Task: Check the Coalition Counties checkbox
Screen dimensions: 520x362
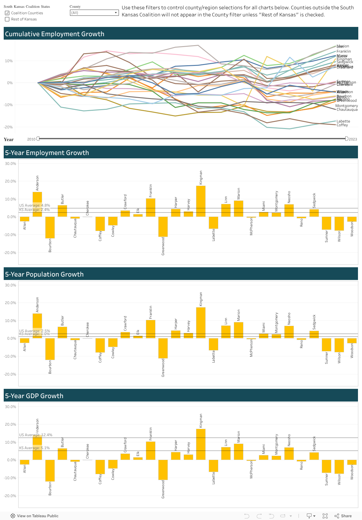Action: (x=7, y=13)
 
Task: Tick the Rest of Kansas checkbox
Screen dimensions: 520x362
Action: (x=7, y=19)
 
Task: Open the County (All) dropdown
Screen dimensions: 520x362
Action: (x=94, y=13)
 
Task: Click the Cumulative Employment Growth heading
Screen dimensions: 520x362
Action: (x=55, y=34)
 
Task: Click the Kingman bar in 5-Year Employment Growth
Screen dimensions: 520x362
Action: (x=201, y=201)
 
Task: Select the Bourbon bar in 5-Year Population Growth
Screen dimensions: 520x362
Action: (x=50, y=349)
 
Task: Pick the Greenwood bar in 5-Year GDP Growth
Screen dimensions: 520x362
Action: (x=163, y=470)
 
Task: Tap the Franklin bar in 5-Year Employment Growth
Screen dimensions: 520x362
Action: (x=150, y=207)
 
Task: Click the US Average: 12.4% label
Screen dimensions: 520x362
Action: (x=36, y=435)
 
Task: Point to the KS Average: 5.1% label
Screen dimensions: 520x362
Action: (x=34, y=448)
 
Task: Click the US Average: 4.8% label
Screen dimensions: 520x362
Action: (x=34, y=205)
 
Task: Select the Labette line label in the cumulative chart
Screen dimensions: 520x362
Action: (x=343, y=121)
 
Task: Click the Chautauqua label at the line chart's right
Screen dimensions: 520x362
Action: (x=347, y=110)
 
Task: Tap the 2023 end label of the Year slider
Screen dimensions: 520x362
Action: (x=353, y=139)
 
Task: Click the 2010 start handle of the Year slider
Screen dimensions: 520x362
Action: (x=38, y=139)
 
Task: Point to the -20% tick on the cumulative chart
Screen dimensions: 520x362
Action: (x=8, y=127)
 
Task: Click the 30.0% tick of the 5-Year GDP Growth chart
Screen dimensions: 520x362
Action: (x=10, y=407)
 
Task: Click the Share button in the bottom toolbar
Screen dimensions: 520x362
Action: (x=343, y=516)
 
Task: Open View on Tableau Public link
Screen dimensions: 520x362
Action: (x=34, y=516)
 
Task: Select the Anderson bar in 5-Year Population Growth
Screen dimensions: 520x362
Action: (x=37, y=326)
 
